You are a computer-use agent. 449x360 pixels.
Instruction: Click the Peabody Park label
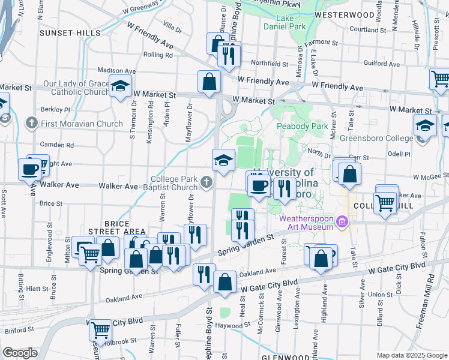click(x=302, y=127)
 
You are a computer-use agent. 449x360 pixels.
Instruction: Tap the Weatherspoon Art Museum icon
click(x=343, y=222)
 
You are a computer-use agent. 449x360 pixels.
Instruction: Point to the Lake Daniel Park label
click(x=285, y=22)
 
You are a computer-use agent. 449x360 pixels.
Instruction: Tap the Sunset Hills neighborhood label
click(x=62, y=33)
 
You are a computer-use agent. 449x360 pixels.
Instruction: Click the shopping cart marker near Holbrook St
click(x=100, y=329)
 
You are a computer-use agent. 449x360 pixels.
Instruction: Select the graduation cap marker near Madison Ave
click(x=120, y=85)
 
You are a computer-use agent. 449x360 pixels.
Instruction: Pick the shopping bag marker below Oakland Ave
click(x=225, y=283)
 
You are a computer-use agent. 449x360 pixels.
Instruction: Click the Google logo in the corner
click(x=20, y=353)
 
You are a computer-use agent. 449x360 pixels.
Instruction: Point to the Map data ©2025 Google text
click(x=411, y=355)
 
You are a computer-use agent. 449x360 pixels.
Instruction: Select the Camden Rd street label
click(x=58, y=145)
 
